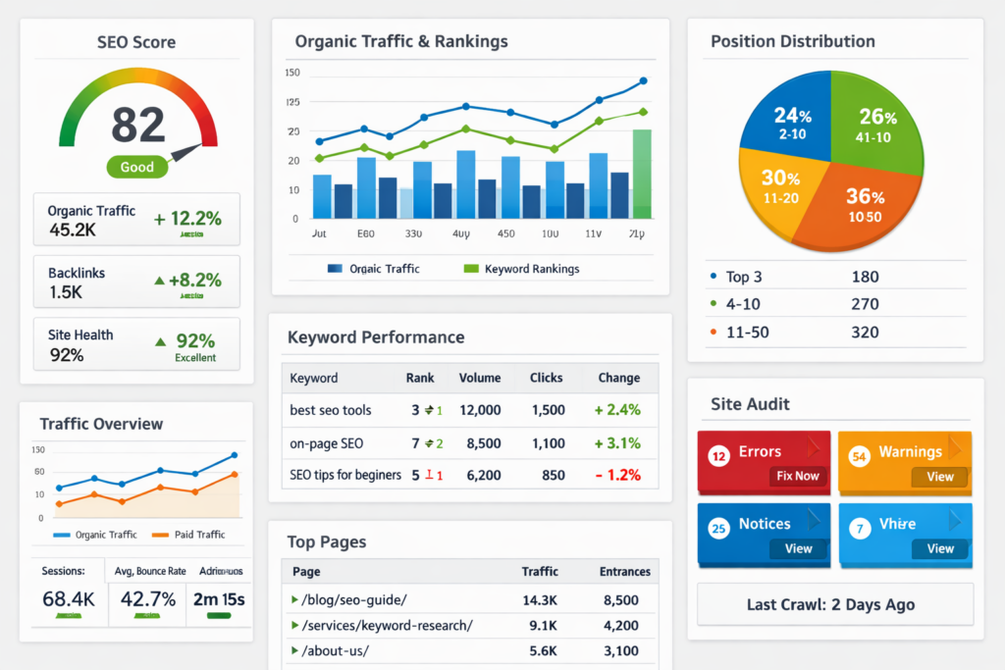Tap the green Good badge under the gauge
tap(136, 167)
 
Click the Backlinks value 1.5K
tap(66, 292)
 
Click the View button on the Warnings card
tap(939, 477)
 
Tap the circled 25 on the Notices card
tap(718, 529)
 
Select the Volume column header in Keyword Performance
tap(479, 378)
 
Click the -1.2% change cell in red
tap(617, 475)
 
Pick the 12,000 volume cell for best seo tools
tap(479, 410)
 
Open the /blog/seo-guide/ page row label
tap(353, 600)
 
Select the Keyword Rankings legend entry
tap(531, 268)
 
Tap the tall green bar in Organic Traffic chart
tap(642, 174)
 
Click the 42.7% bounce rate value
tap(148, 598)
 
